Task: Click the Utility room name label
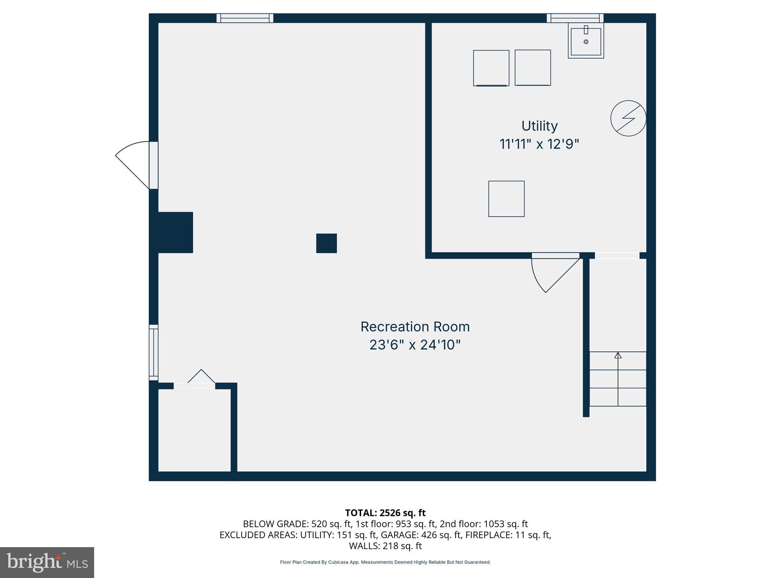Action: (x=539, y=126)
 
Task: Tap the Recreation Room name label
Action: (x=415, y=327)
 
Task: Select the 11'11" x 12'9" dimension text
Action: (x=539, y=144)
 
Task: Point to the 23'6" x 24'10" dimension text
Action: (x=415, y=345)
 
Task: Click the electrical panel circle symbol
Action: (x=628, y=118)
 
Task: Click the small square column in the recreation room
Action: (x=326, y=243)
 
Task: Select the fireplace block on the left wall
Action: (x=175, y=232)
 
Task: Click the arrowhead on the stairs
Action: (x=618, y=355)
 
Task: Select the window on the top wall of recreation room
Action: (x=245, y=18)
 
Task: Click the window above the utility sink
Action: (x=575, y=18)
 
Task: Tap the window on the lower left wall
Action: (x=154, y=352)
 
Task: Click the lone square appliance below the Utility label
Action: (x=506, y=199)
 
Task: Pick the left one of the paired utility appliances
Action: (x=491, y=68)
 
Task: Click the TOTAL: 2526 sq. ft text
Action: (x=385, y=513)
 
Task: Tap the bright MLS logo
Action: (x=47, y=562)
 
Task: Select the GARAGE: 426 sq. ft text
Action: (x=421, y=535)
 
